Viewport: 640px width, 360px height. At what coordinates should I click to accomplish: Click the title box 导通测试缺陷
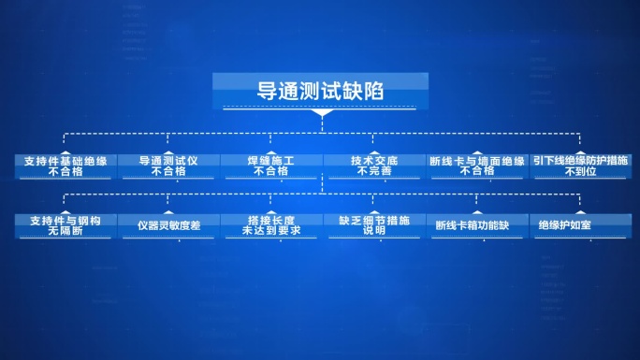tap(320, 93)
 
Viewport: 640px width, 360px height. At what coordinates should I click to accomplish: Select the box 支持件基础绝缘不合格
tap(65, 166)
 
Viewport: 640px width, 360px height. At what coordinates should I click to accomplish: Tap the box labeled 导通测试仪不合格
tap(168, 166)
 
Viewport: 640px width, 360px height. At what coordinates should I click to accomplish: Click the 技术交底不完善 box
tap(375, 166)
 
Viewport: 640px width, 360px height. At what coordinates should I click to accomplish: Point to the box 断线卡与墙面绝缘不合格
tap(477, 166)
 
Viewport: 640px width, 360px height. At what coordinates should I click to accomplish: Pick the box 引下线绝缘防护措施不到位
tap(581, 166)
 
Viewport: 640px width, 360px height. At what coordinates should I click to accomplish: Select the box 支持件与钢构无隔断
tap(65, 225)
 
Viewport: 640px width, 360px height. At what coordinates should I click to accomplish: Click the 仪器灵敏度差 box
tap(168, 225)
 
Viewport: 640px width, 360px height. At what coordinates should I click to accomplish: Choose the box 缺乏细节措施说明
tap(375, 225)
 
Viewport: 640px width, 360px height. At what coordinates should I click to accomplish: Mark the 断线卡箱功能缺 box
tap(477, 225)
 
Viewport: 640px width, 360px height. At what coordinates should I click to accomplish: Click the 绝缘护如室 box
tap(581, 225)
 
